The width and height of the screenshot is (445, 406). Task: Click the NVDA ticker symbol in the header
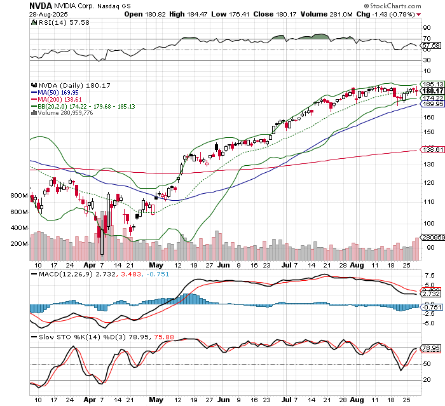point(41,5)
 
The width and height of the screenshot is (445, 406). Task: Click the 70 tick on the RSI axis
point(427,39)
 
